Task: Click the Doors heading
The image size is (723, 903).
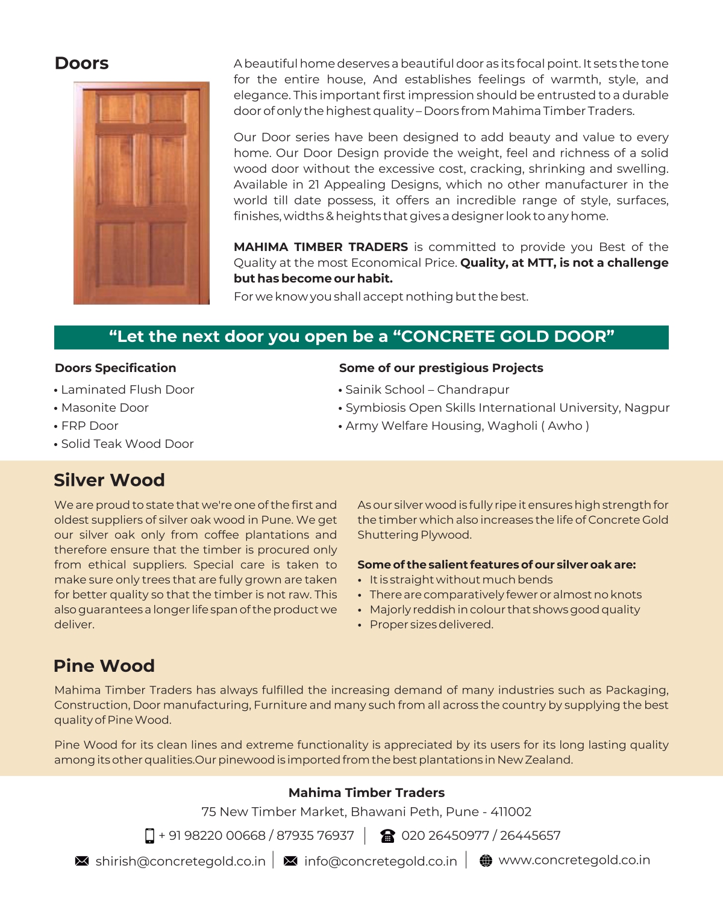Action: tap(81, 63)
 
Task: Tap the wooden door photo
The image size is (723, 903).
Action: tap(142, 193)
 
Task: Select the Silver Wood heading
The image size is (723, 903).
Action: tap(109, 480)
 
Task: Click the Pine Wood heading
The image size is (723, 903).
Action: tap(104, 666)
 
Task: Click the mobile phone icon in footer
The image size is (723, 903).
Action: tap(149, 836)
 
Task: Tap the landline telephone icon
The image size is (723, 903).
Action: tap(387, 836)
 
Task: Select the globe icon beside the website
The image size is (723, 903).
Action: tap(486, 861)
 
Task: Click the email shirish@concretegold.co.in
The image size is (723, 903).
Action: tap(180, 861)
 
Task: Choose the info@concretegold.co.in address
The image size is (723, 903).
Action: tap(380, 861)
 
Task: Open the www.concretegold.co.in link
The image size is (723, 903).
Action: tap(574, 860)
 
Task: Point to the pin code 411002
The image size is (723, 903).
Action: tap(511, 811)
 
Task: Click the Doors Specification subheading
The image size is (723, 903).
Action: tap(115, 368)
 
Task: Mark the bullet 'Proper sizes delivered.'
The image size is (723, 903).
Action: tap(431, 624)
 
